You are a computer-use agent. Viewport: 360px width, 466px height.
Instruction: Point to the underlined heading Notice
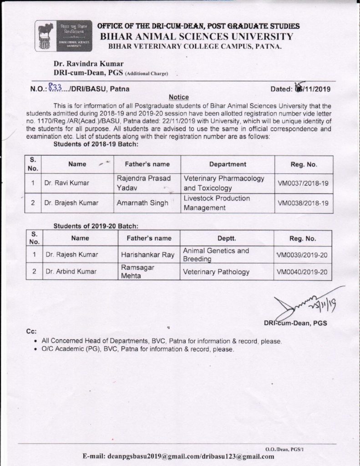pyautogui.click(x=178, y=97)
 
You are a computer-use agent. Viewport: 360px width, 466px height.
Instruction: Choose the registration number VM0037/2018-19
pyautogui.click(x=303, y=184)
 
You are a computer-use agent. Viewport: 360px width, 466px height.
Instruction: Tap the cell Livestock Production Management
pyautogui.click(x=217, y=203)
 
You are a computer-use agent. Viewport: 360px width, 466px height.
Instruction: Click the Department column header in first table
pyautogui.click(x=227, y=164)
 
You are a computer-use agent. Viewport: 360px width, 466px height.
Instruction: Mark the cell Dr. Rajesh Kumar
pyautogui.click(x=71, y=254)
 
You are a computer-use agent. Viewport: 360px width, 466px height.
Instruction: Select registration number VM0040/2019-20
pyautogui.click(x=302, y=272)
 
